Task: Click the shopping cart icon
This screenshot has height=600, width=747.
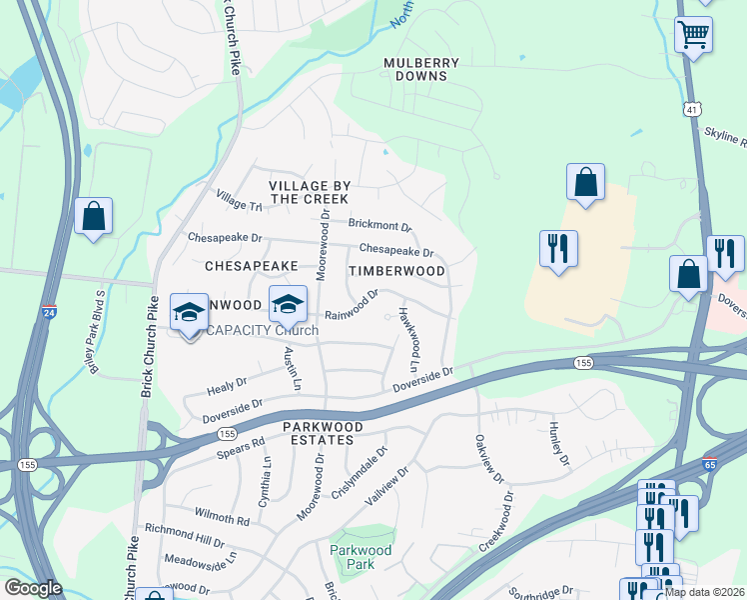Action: pos(693,36)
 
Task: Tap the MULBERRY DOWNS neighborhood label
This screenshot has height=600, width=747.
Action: pos(421,69)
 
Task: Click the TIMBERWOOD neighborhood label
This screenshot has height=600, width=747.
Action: pos(396,271)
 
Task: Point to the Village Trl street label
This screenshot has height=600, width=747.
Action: pos(239,199)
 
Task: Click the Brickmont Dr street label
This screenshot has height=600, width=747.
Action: pos(378,227)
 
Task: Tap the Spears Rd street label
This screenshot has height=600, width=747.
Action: pos(241,447)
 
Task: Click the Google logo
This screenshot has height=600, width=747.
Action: pos(33,588)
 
